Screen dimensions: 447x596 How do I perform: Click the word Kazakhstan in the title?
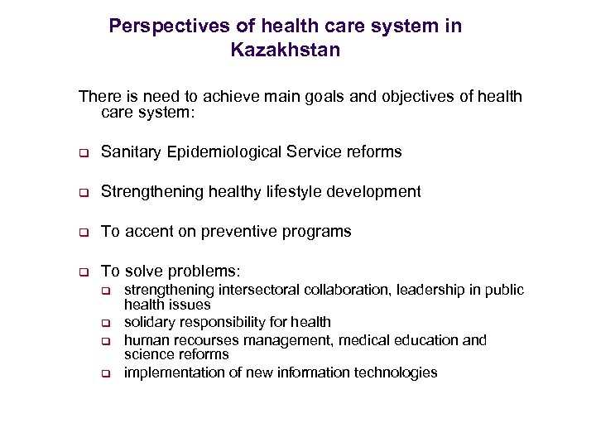pyautogui.click(x=286, y=50)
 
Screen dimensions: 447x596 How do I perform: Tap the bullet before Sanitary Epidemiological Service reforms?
pyautogui.click(x=83, y=153)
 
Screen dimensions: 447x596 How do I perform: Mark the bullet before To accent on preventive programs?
pyautogui.click(x=83, y=233)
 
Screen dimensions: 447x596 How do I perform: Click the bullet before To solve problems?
pyautogui.click(x=83, y=272)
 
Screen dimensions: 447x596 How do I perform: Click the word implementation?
pyautogui.click(x=168, y=372)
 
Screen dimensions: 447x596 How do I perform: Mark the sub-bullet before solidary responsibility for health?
pyautogui.click(x=106, y=323)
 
